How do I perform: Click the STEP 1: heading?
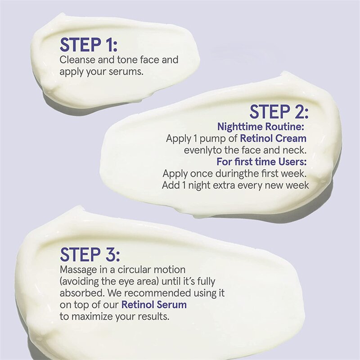point(89,45)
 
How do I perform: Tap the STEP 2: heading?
point(279,112)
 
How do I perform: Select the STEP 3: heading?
point(90,254)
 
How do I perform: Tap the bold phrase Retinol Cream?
point(273,139)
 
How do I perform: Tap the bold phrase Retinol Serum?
point(154,305)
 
